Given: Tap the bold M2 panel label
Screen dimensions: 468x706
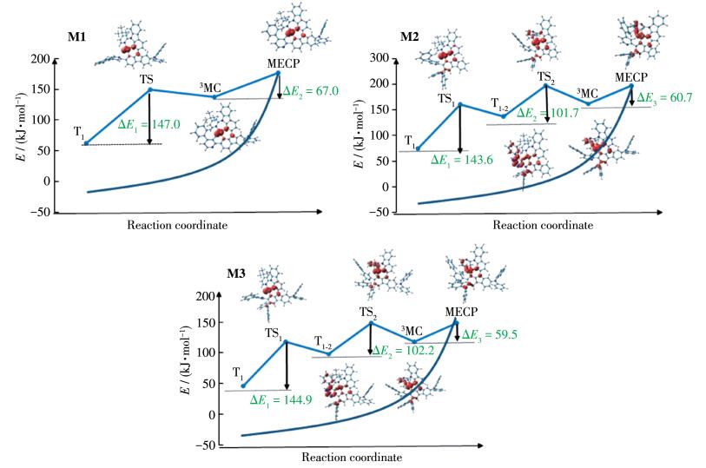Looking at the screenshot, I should pos(410,38).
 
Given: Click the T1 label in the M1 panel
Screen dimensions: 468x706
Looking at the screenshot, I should pos(79,132).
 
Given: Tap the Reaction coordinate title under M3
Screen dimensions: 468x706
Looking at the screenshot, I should pos(352,457).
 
